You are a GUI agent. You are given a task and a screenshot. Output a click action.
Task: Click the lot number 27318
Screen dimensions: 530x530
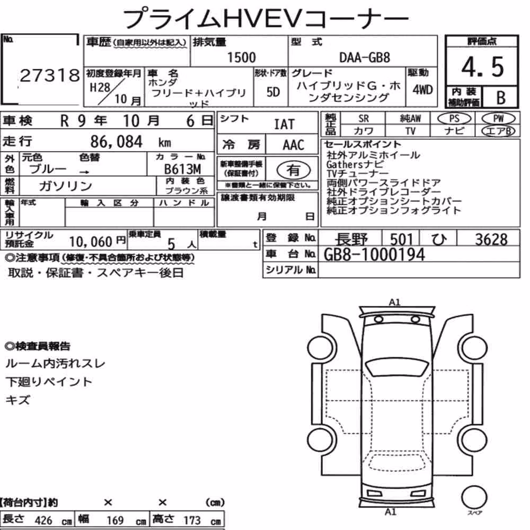point(50,75)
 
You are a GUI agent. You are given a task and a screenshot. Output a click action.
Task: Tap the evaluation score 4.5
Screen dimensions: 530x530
point(482,67)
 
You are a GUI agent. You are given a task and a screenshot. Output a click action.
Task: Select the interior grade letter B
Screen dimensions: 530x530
point(501,98)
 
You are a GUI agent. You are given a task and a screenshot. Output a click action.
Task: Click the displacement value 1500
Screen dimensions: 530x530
point(241,57)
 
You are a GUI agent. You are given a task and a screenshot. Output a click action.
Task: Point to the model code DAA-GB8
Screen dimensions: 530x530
point(365,57)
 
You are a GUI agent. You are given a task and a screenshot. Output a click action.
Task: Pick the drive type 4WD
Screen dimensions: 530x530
point(422,90)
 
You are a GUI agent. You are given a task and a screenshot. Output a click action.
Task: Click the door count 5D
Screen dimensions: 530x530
point(273,92)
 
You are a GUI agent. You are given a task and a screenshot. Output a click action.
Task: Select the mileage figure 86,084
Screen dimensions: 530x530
point(116,142)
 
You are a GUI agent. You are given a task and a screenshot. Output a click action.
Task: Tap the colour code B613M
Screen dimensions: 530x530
point(182,169)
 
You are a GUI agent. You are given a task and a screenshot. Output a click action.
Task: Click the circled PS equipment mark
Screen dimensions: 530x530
point(454,119)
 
